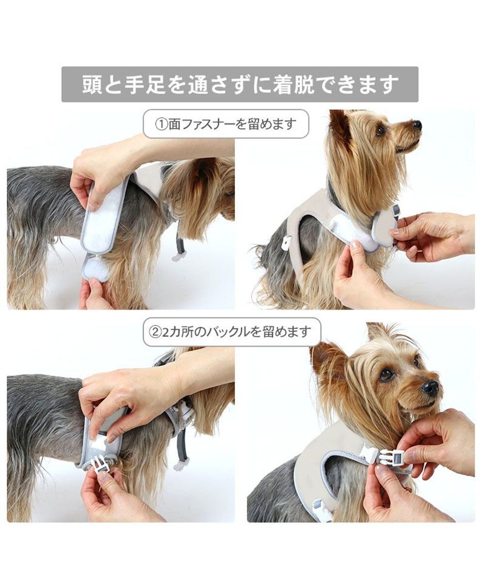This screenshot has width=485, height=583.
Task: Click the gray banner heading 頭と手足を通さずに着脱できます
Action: (x=240, y=85)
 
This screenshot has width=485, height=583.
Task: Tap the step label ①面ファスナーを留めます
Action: (x=226, y=124)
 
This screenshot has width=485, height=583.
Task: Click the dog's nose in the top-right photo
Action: (x=417, y=125)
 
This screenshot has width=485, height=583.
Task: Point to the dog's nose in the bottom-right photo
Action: (x=430, y=387)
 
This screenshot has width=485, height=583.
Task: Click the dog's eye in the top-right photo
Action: (x=381, y=130)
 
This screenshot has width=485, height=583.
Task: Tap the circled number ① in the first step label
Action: (x=161, y=124)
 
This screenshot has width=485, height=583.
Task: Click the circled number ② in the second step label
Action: (x=156, y=332)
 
